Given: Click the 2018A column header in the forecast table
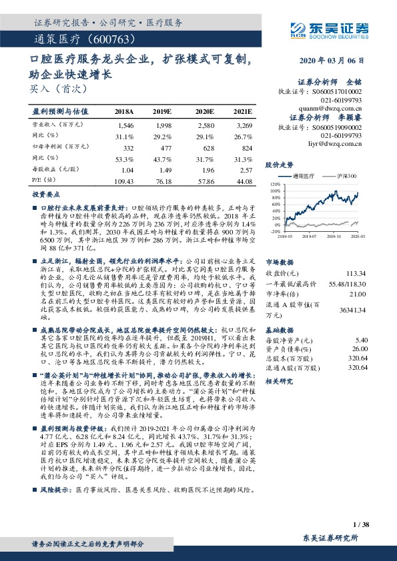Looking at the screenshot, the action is [x=124, y=111].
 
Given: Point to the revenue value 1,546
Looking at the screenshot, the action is [x=125, y=125].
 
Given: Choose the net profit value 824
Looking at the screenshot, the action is [x=246, y=147].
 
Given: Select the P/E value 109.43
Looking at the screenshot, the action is [x=125, y=181].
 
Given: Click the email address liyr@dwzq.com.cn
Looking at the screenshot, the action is [x=338, y=141].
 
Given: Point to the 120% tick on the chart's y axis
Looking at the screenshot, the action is [x=275, y=183].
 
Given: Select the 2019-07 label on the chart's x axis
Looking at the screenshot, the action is [x=308, y=235].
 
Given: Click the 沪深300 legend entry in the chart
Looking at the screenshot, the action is [x=344, y=176].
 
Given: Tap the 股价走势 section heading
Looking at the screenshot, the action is [x=279, y=163].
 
